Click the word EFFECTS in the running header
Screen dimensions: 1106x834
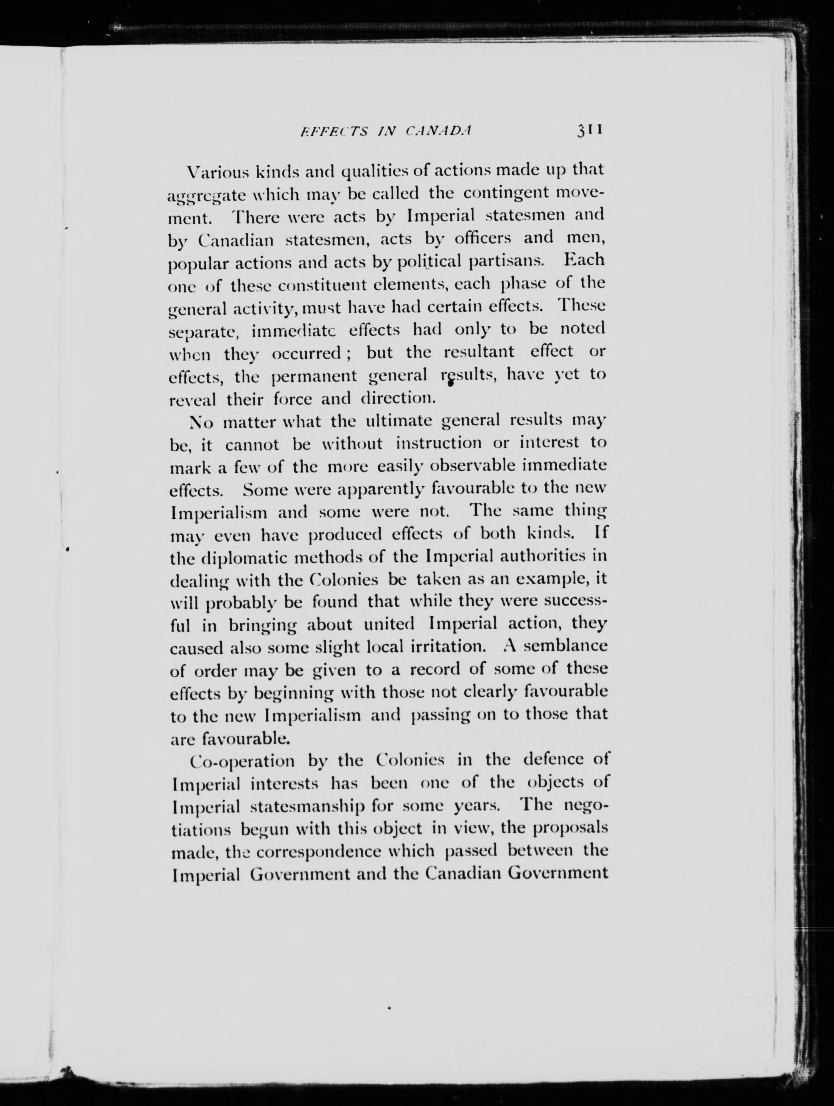(x=333, y=131)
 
